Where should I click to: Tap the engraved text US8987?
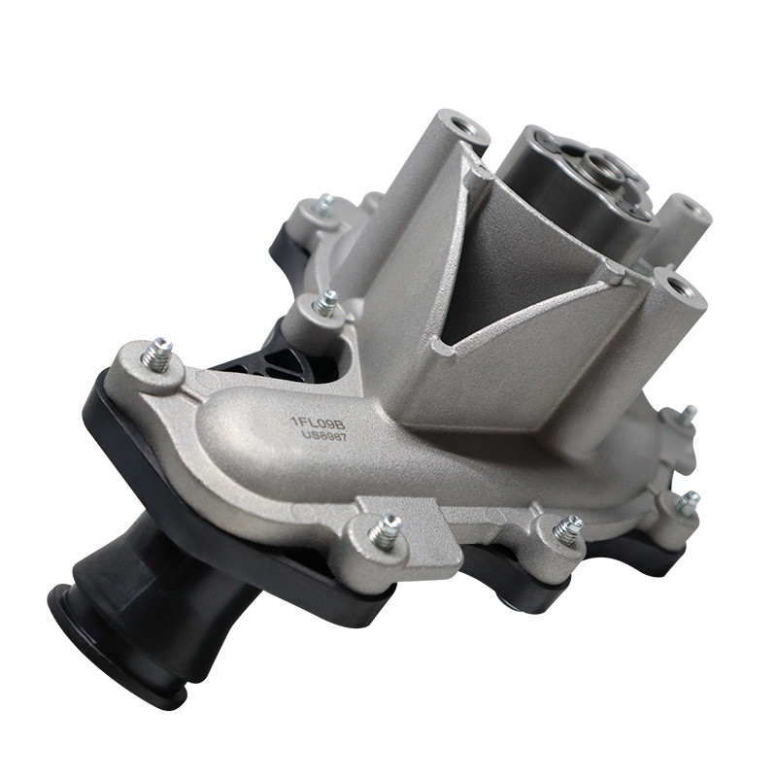(324, 436)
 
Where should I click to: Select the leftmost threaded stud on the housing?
(157, 354)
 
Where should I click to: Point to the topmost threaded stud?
(323, 205)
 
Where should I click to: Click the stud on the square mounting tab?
(385, 531)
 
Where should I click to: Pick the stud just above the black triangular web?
(325, 302)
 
